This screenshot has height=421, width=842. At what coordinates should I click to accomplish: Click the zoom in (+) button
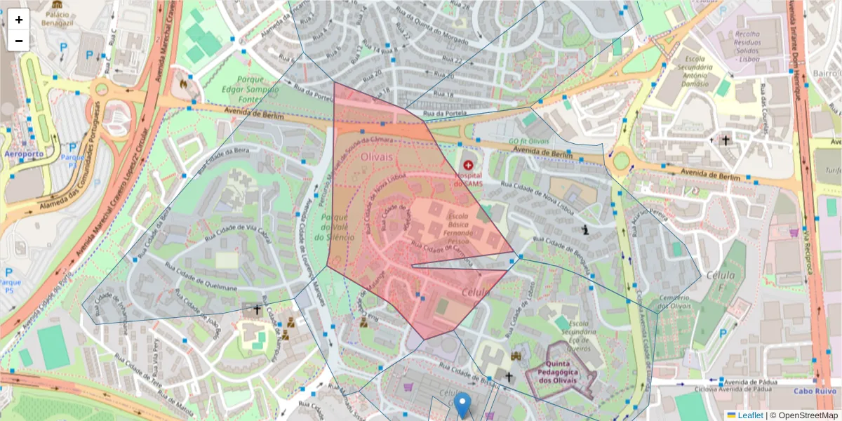point(19,20)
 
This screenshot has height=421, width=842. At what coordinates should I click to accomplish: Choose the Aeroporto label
point(23,153)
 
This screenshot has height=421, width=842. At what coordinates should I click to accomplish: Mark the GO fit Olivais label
point(528,141)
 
